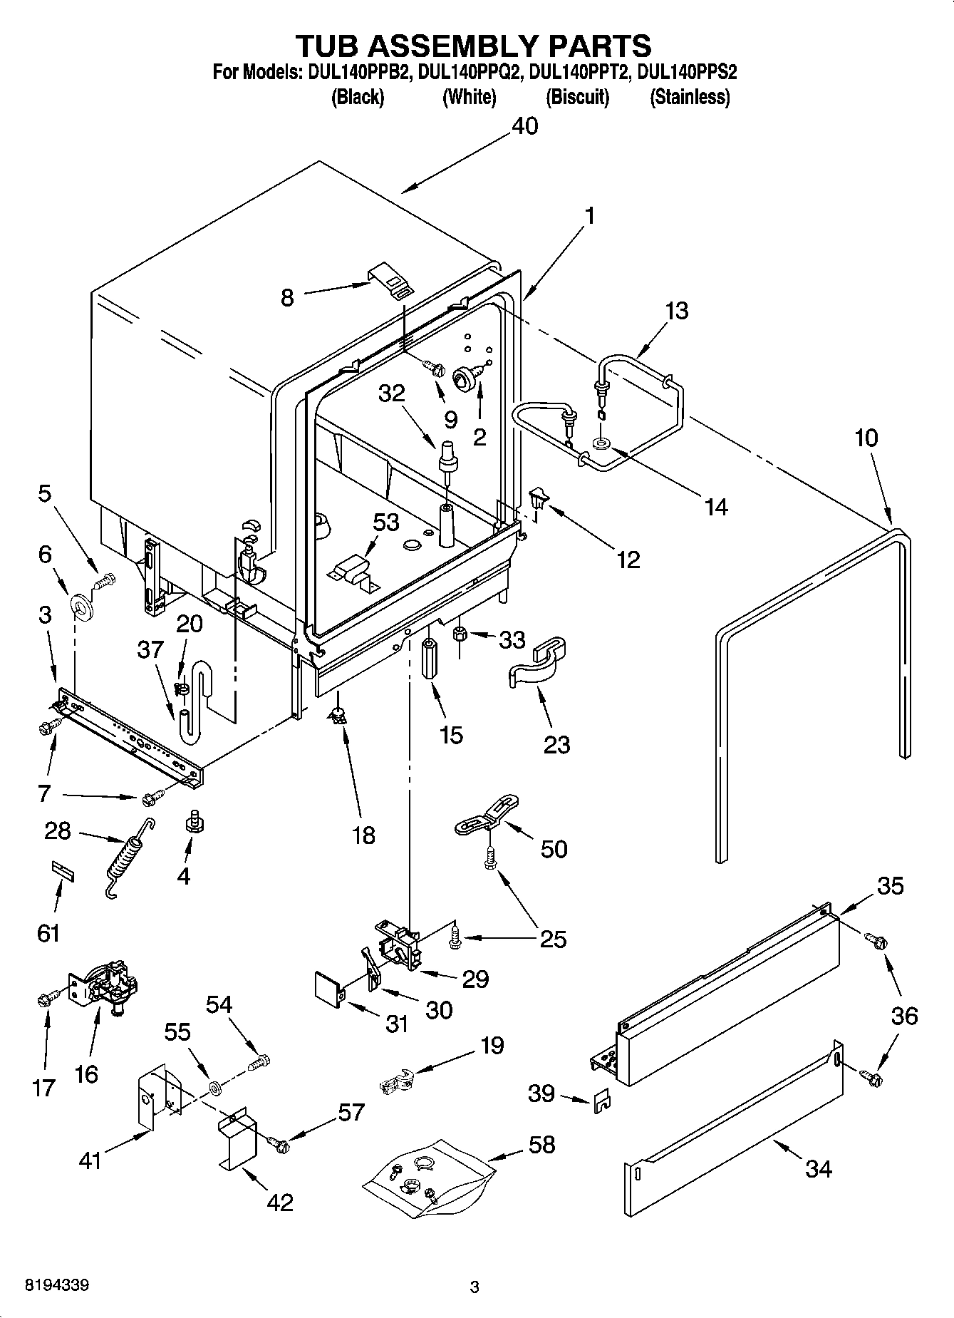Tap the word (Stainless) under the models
(x=689, y=97)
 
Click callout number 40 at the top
(x=525, y=126)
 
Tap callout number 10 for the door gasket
(x=866, y=438)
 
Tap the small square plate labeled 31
(x=328, y=987)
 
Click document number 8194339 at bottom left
(x=57, y=1286)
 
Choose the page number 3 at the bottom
(x=475, y=1287)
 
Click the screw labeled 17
(x=46, y=999)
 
